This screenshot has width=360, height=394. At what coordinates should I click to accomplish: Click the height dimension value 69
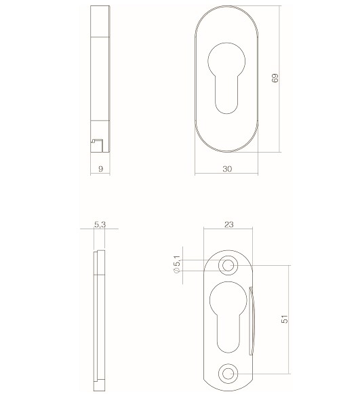pos(275,79)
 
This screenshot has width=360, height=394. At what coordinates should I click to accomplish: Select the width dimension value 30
pos(226,169)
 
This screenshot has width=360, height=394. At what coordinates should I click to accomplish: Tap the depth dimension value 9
pos(100,169)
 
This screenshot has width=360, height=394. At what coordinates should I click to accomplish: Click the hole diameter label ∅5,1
pos(176,264)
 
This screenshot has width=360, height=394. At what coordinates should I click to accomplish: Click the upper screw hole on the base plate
pos(228,264)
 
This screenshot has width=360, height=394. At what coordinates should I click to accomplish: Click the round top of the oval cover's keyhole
pos(227,59)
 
